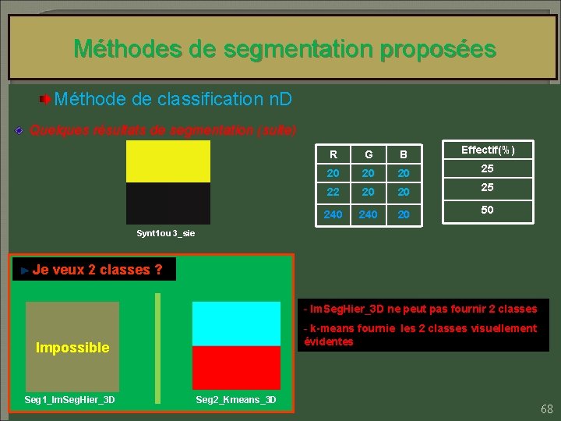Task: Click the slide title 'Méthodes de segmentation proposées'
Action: point(284,49)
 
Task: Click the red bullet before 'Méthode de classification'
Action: point(47,100)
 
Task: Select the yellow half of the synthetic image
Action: point(168,161)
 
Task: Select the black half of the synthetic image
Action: point(168,203)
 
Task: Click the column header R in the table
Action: point(333,154)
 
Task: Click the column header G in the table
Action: point(368,154)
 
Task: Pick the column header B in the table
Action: point(403,154)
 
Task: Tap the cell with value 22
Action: point(333,192)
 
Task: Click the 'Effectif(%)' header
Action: point(488,150)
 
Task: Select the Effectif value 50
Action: point(487,210)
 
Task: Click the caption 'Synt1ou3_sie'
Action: point(166,233)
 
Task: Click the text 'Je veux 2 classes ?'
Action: point(97,270)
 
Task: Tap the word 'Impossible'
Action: point(72,348)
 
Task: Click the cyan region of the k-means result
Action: point(236,324)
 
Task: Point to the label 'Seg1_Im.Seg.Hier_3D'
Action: point(70,400)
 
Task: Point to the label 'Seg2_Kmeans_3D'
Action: point(235,400)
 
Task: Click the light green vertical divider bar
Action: point(158,348)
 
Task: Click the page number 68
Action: point(546,409)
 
